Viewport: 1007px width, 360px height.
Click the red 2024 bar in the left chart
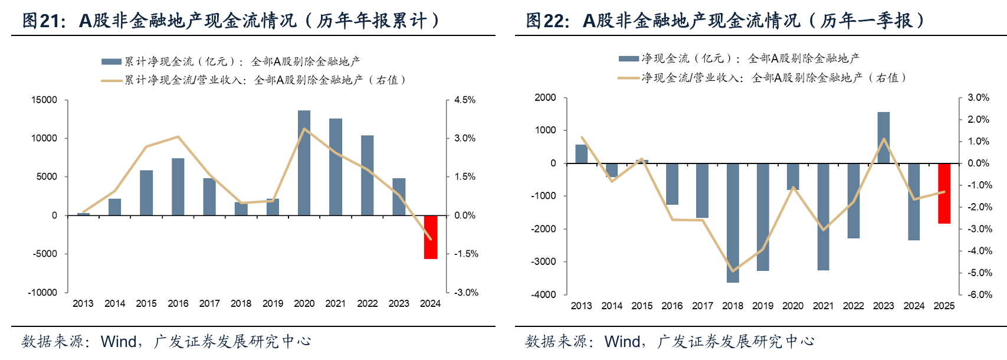coord(431,237)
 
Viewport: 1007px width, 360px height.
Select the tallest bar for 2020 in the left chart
coord(304,163)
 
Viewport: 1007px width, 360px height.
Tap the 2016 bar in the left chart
coord(178,186)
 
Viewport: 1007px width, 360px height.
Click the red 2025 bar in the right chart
coord(944,193)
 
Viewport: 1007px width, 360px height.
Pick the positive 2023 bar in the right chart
coord(883,138)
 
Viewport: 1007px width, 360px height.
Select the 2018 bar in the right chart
coord(733,222)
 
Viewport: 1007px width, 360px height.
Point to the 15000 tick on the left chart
coord(44,100)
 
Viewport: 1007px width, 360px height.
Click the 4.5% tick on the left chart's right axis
coord(465,100)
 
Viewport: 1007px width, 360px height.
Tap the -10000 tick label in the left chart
coord(42,292)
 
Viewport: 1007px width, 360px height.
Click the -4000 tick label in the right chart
coord(544,294)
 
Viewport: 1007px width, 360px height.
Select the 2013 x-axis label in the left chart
coord(83,303)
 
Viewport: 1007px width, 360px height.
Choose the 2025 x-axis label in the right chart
coord(944,306)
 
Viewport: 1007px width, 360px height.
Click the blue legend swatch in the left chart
coord(111,61)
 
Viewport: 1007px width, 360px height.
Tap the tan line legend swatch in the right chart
coord(629,78)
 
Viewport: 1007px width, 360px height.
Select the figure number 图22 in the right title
coord(547,21)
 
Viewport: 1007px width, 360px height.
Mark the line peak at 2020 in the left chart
coord(304,129)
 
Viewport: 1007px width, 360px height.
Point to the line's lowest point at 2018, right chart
coord(733,271)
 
